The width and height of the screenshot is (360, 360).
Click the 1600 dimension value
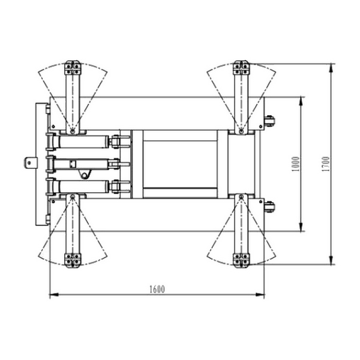[157, 289]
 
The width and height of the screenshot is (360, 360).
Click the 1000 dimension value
[296, 164]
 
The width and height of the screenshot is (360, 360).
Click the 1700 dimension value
[326, 164]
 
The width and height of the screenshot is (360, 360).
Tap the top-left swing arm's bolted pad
[73, 68]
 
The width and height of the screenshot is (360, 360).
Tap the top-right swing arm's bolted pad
[241, 68]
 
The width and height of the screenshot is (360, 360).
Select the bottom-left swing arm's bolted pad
[73, 260]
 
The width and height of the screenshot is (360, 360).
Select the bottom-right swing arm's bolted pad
[241, 260]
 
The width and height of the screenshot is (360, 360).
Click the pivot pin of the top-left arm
[73, 131]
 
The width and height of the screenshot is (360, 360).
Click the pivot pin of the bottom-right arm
[241, 197]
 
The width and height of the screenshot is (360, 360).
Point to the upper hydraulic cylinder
[84, 142]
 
